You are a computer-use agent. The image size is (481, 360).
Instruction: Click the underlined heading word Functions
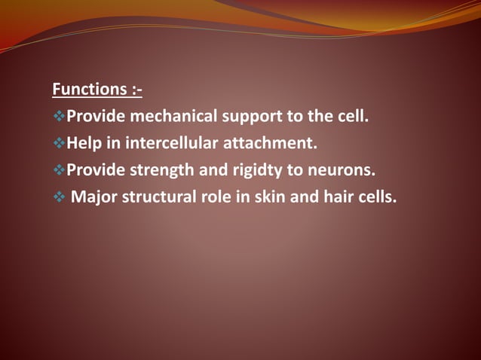90,90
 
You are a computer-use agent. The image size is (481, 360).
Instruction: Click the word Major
92,197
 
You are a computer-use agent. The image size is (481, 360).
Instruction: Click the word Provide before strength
96,170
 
